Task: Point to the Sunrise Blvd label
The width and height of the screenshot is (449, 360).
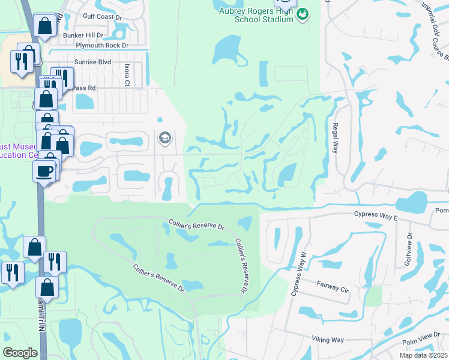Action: pos(92,62)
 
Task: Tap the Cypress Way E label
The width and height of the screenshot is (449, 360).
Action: pos(376,214)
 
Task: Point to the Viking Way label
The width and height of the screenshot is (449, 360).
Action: pos(327,340)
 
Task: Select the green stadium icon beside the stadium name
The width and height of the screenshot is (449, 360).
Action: pos(303,13)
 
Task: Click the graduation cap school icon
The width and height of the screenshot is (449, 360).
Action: pos(164,139)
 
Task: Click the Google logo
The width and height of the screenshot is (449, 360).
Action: pos(20,353)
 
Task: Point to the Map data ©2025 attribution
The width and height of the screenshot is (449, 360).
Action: pos(424,355)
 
